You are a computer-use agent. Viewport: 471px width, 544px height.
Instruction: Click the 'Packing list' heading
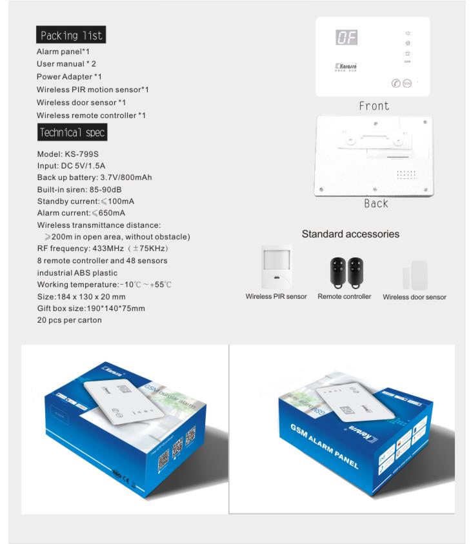click(x=71, y=35)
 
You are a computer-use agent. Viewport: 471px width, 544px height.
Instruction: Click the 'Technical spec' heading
click(x=72, y=133)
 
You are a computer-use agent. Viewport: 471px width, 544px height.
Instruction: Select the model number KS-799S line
click(x=68, y=154)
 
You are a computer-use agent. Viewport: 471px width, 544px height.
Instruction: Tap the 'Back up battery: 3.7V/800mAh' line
click(x=94, y=177)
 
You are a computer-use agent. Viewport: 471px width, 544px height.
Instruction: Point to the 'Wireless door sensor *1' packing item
click(x=81, y=103)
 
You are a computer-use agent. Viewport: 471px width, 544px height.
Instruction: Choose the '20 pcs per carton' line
click(x=69, y=320)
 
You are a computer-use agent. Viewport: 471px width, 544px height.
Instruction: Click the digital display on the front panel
click(x=346, y=38)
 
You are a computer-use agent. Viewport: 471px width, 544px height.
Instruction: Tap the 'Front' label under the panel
click(x=374, y=106)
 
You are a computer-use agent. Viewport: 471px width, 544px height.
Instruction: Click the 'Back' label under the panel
click(x=376, y=203)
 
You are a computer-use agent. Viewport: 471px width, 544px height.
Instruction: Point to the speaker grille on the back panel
click(x=405, y=175)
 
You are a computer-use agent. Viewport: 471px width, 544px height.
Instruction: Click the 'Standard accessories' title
click(x=350, y=234)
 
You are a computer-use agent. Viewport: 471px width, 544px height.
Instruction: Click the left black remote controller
click(x=336, y=270)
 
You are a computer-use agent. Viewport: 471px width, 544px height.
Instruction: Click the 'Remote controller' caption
click(x=344, y=297)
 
